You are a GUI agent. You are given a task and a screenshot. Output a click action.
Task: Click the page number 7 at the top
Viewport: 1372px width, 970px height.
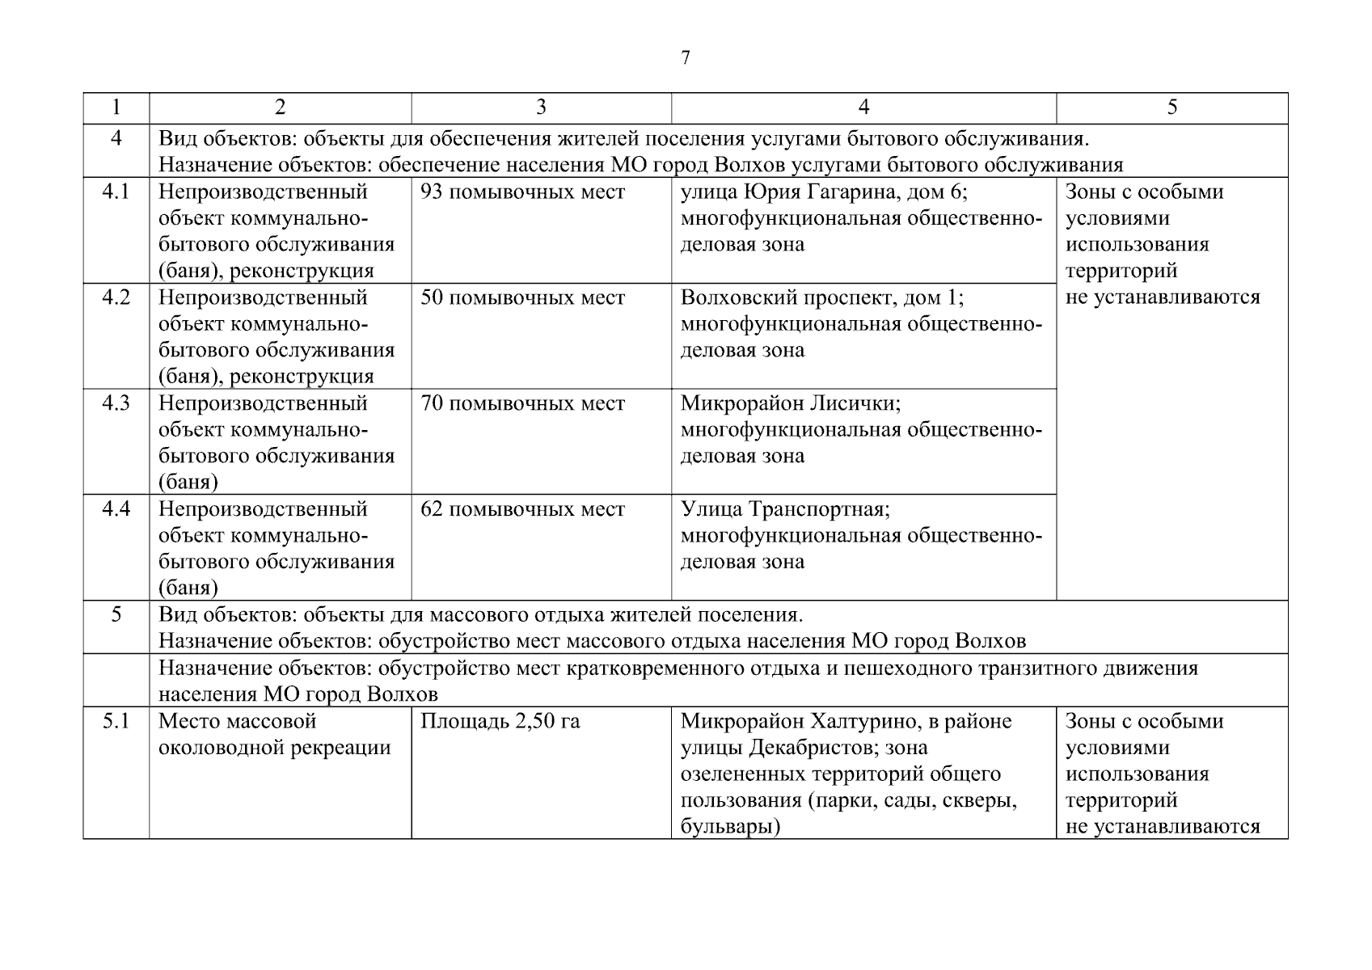pos(686,58)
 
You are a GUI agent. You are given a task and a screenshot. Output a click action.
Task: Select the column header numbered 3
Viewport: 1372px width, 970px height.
pos(541,108)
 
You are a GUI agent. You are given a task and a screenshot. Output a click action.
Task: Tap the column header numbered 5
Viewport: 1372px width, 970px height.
pos(1171,108)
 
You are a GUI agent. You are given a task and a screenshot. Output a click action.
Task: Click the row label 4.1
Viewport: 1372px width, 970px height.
pos(116,192)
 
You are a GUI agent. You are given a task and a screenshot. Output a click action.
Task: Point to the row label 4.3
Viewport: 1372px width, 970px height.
pos(116,403)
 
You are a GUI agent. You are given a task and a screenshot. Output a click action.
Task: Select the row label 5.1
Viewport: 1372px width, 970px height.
pos(116,721)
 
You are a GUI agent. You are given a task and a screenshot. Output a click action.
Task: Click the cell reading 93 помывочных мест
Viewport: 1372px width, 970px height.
pos(522,192)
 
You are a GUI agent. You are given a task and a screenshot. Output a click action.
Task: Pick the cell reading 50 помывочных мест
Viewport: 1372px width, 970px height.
pos(522,298)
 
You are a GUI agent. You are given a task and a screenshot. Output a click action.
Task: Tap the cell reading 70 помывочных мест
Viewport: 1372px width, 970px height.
pos(522,403)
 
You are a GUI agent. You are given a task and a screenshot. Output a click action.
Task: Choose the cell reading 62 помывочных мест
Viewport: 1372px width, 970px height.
pos(522,509)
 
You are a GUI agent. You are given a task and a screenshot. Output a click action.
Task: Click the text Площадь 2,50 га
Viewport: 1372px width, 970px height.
pos(500,721)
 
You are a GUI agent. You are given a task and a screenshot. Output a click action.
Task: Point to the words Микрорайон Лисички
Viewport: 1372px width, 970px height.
pos(790,403)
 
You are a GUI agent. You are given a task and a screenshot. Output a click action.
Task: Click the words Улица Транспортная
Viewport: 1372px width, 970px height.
pos(784,509)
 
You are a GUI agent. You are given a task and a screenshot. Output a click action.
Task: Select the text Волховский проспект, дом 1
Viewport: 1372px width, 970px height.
pos(821,298)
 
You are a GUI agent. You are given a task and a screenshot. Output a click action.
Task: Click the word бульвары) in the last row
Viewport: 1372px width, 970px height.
pos(730,827)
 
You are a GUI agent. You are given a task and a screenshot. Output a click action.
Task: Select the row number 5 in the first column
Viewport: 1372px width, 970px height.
pos(116,615)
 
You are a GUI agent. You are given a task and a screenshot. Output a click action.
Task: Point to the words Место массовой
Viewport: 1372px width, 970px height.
pos(237,721)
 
